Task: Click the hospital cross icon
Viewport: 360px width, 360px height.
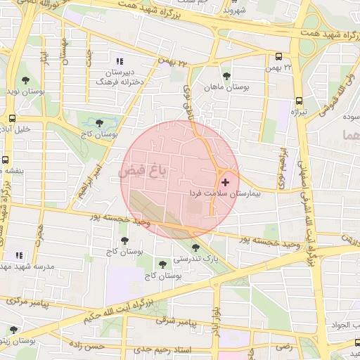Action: click(x=225, y=182)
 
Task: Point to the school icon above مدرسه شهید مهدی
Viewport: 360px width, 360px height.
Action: click(x=20, y=255)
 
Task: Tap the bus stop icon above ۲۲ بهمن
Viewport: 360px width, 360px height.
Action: click(x=278, y=57)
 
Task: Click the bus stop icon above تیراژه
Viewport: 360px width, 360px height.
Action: click(x=299, y=101)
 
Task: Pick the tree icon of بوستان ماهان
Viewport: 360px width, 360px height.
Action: click(x=226, y=75)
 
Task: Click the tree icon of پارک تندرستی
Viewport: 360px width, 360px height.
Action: click(x=195, y=247)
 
